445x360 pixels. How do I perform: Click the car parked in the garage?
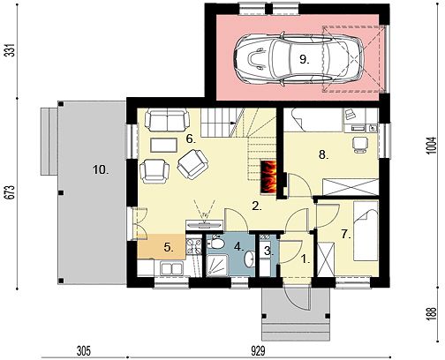tap(299, 59)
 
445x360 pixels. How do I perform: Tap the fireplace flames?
tap(268, 177)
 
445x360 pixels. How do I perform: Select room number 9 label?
tap(305, 60)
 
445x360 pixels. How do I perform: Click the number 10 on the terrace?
tap(101, 169)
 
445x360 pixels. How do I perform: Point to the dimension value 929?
tap(258, 350)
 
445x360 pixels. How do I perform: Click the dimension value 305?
tap(84, 350)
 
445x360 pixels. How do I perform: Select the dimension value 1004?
tap(430, 146)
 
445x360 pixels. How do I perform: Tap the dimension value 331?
tap(11, 50)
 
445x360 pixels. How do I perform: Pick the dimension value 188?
tap(430, 314)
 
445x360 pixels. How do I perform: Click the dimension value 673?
tap(11, 192)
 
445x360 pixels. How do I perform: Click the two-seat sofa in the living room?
tap(167, 120)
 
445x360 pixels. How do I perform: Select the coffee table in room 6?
tap(163, 145)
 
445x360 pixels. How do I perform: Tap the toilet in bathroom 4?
tap(215, 243)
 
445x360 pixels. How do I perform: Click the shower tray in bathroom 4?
tap(217, 266)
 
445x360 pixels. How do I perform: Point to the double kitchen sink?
tap(171, 268)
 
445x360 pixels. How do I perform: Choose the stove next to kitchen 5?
tap(194, 246)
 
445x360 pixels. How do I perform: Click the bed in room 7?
tap(366, 231)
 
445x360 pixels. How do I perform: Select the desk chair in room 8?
tap(360, 145)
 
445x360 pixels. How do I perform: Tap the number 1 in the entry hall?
tap(305, 259)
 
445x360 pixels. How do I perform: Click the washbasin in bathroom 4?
tap(249, 259)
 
